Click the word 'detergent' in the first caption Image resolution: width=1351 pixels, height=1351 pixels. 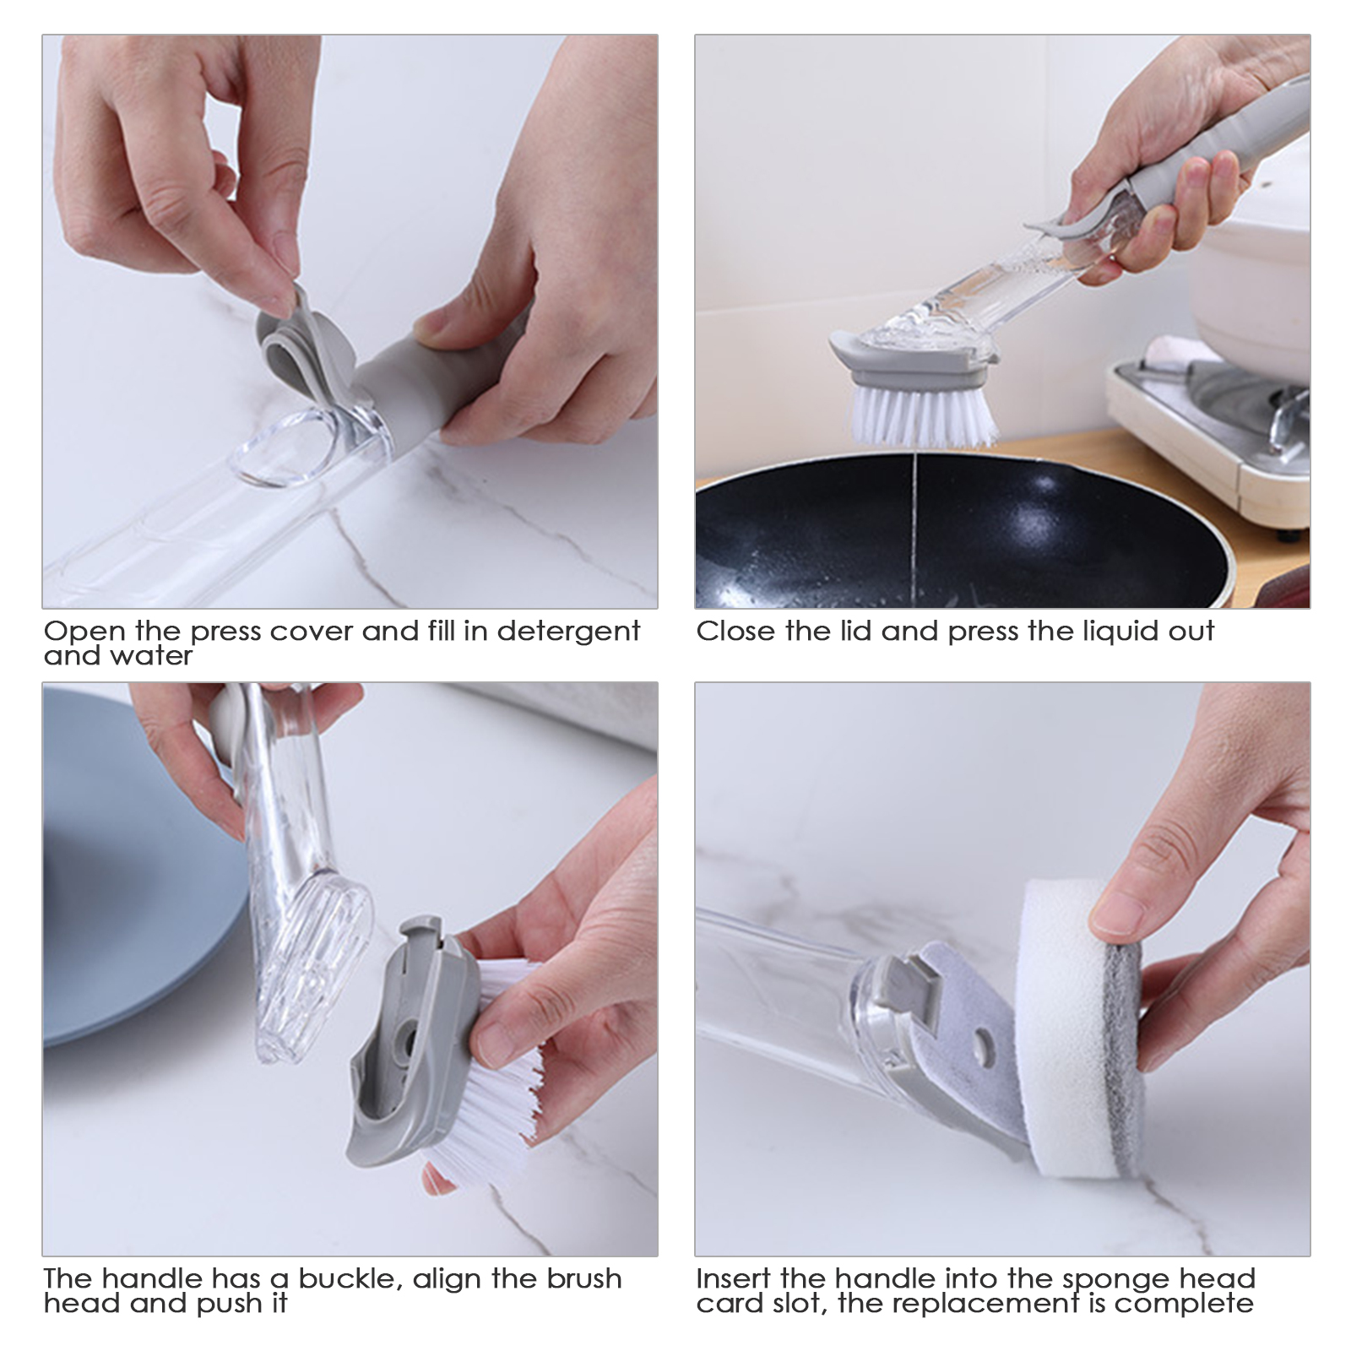coord(568,632)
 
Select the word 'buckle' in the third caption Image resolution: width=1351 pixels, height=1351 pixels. coord(350,1278)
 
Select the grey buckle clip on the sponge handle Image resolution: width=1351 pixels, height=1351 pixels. coord(916,979)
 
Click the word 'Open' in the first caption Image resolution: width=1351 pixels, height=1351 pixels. coord(84,632)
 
